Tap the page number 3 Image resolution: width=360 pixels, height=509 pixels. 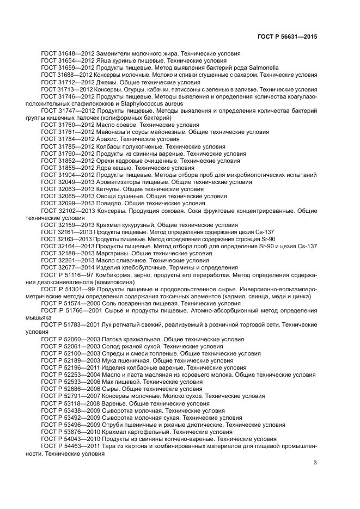tap(315, 463)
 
